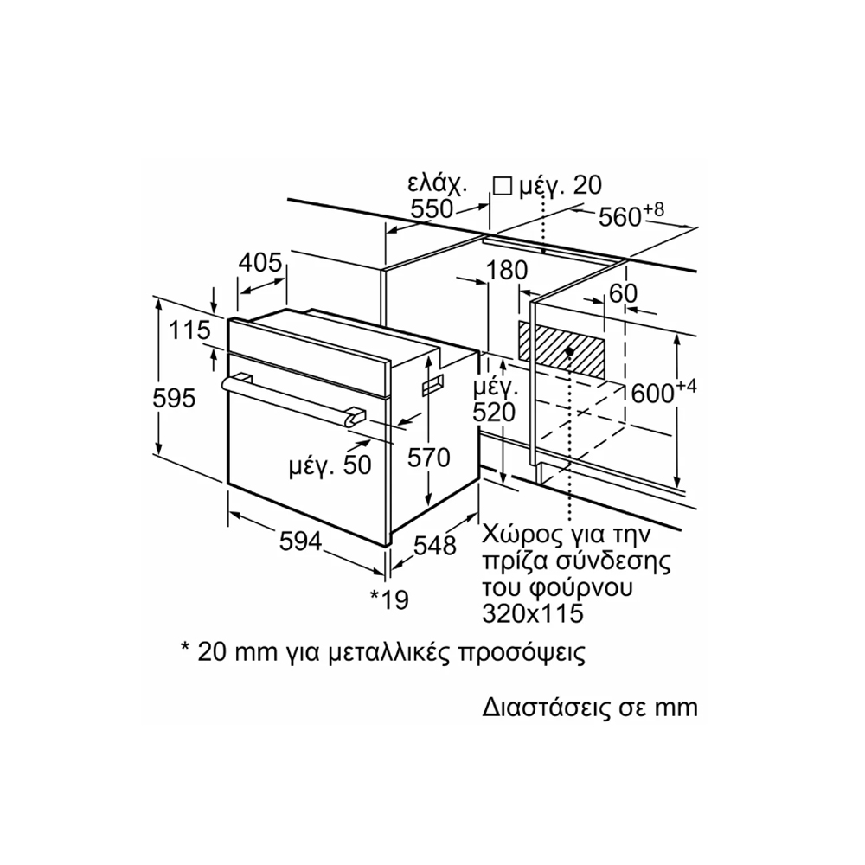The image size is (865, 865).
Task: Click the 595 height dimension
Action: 174,399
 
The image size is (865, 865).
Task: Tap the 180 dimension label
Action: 506,271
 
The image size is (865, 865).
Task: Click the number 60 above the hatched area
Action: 623,293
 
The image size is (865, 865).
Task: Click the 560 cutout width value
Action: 621,217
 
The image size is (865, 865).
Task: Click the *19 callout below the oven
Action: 388,599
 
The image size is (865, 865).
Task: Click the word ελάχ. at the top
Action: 437,184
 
